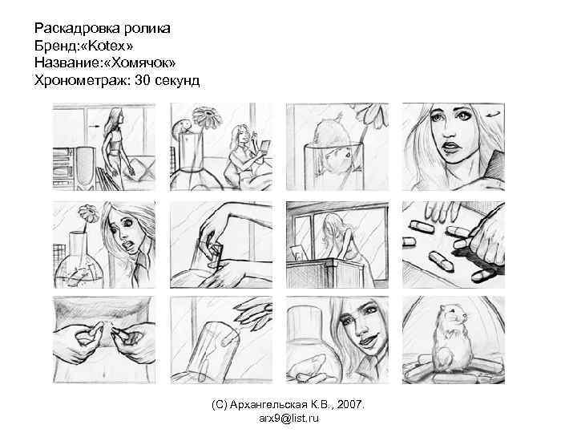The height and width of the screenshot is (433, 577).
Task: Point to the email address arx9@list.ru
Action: [289, 418]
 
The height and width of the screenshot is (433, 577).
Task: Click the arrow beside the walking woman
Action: [91, 126]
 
